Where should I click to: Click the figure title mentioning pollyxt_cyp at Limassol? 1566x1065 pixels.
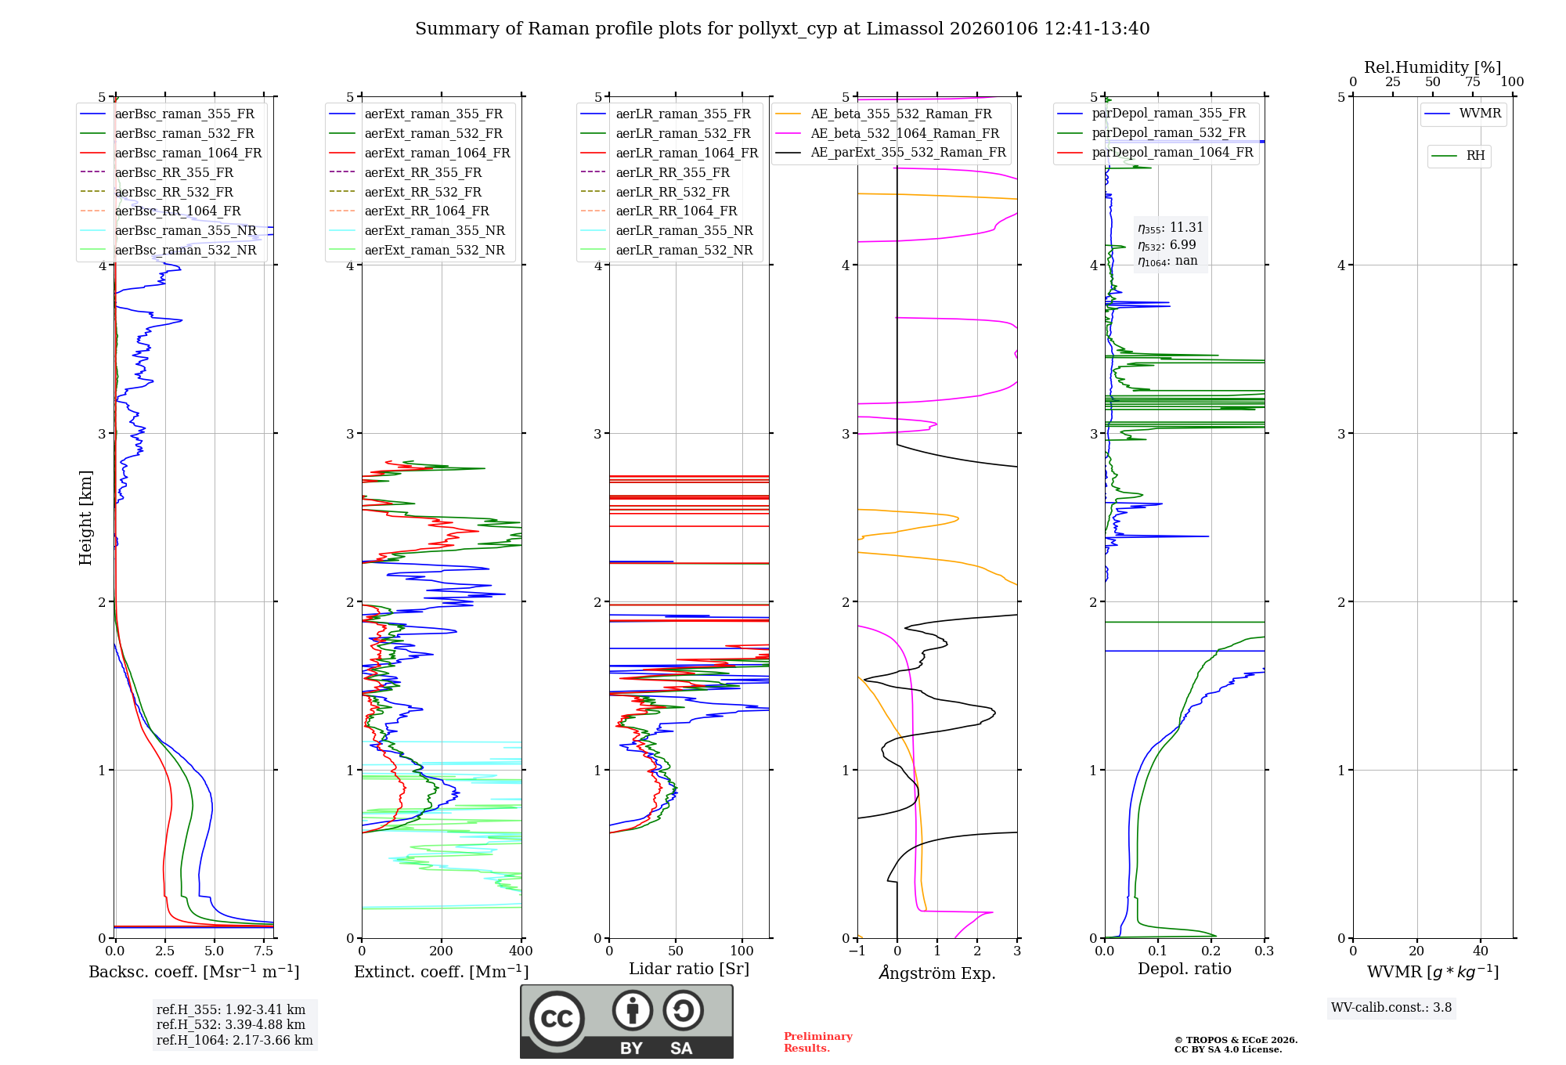(782, 29)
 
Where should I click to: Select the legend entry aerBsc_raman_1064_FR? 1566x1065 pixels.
(188, 153)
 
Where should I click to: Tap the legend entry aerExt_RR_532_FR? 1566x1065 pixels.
(423, 192)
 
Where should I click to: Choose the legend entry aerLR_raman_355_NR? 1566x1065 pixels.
(684, 230)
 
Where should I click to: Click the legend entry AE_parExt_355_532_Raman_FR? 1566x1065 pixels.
(907, 152)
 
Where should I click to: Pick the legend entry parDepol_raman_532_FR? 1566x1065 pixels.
(1168, 132)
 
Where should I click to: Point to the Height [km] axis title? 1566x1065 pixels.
(85, 518)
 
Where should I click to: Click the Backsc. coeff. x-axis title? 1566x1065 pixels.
(193, 972)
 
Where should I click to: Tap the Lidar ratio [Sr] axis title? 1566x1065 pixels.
(689, 969)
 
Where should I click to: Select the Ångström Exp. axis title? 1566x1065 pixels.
(937, 973)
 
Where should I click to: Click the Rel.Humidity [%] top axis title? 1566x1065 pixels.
(1432, 67)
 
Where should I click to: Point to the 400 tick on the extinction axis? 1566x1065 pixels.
(521, 951)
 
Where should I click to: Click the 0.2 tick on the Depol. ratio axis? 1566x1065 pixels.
(1211, 951)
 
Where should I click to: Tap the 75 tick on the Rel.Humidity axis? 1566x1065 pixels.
(1472, 81)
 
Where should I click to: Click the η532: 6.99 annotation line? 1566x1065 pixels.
(1167, 245)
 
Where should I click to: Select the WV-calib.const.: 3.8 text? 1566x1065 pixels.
(1391, 1008)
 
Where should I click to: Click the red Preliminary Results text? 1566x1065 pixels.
(817, 1042)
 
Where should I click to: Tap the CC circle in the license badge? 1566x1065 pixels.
(557, 1019)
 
